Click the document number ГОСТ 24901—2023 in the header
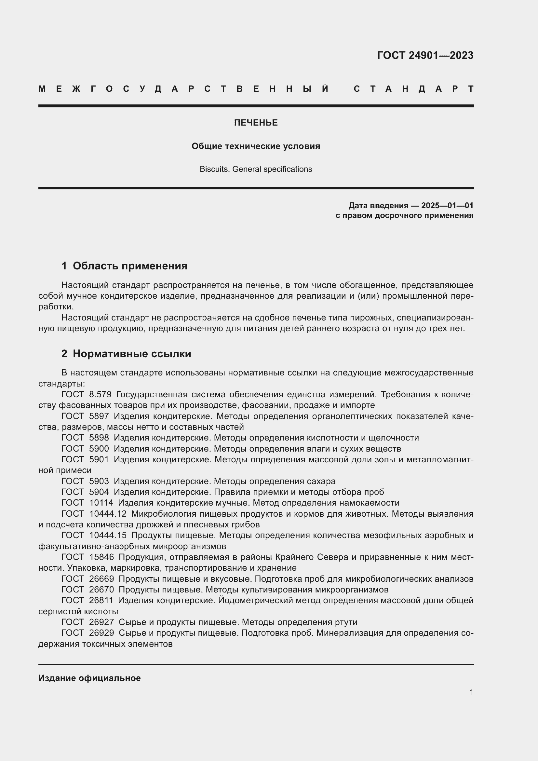click(425, 55)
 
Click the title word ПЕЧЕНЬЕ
click(256, 123)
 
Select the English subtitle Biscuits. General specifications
click(256, 169)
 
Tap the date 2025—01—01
click(447, 206)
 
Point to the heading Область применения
click(130, 266)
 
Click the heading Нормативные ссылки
click(132, 354)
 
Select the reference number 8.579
click(101, 394)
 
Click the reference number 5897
click(99, 416)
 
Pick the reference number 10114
click(101, 503)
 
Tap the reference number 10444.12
click(108, 514)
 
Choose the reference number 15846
click(102, 557)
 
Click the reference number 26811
click(101, 600)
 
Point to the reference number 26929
click(102, 633)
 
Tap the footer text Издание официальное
click(89, 678)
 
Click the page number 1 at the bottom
click(471, 692)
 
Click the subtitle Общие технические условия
click(256, 146)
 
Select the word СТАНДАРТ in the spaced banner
click(413, 89)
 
